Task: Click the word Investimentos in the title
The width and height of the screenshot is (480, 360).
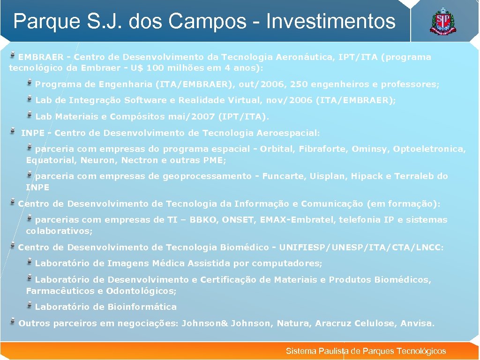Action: coord(330,21)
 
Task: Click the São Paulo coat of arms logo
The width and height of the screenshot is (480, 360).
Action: coord(442,22)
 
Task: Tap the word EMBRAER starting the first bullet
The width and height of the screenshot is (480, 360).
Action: coord(41,57)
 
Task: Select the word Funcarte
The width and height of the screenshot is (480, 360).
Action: coord(283,176)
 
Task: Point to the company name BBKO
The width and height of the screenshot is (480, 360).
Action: coord(202,220)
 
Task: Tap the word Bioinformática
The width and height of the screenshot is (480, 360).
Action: coord(142,307)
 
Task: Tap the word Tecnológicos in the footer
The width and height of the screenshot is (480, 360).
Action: coord(421,351)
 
